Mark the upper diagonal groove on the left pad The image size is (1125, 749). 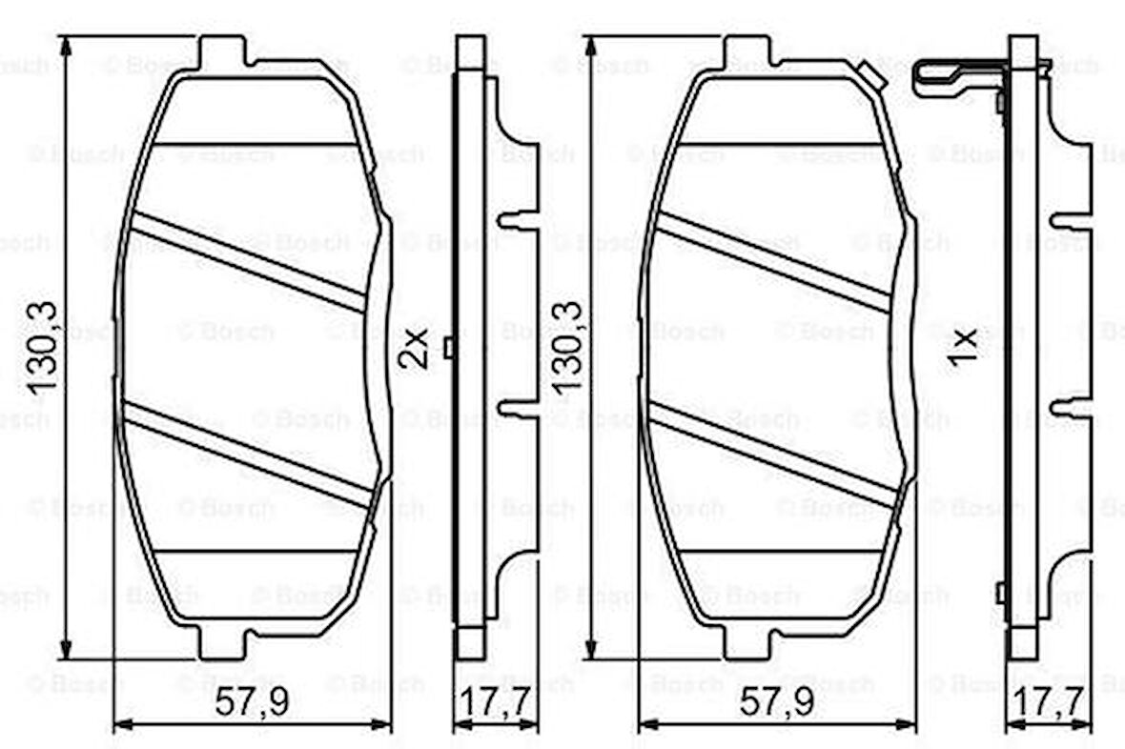248,261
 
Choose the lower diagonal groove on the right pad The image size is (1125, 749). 772,452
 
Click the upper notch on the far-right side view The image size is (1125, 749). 1070,220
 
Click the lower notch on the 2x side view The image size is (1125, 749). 520,408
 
